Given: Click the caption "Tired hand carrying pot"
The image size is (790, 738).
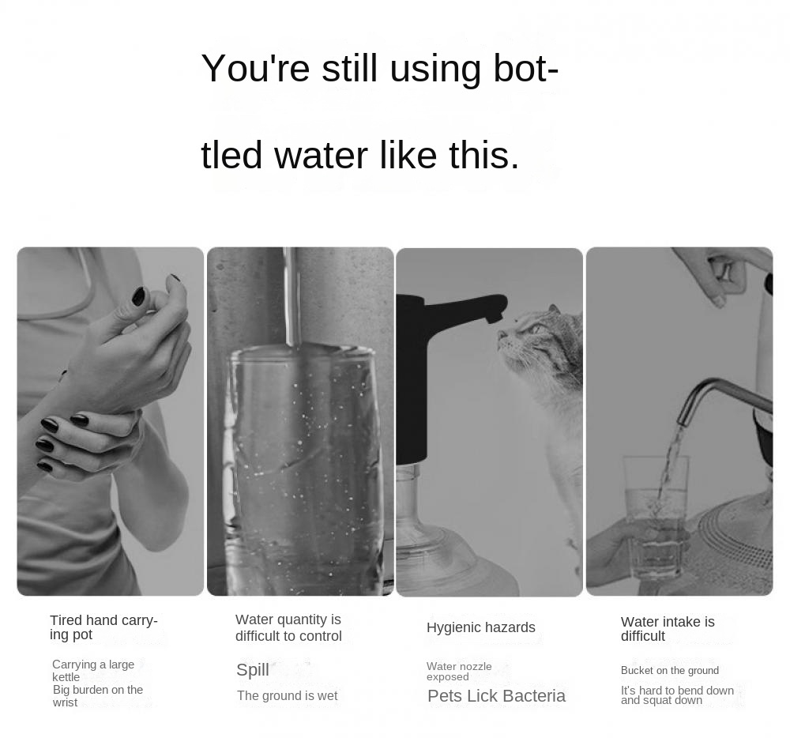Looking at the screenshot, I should coord(103,627).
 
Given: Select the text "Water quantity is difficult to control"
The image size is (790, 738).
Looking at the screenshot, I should coord(288,627).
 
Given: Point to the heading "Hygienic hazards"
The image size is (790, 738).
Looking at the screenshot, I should coord(480,627).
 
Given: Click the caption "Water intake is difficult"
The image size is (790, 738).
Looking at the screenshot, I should coord(668,629).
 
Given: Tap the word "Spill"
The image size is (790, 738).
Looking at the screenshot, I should coord(253,670).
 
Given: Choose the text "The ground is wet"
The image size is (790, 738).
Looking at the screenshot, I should coord(287,695).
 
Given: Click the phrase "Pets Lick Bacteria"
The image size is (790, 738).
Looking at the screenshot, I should coord(496,696).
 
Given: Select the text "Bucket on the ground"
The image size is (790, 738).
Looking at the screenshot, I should coord(670,671).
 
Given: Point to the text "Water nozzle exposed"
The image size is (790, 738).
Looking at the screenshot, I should coord(459,672).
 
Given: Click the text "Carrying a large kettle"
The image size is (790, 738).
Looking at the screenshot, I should coord(93,670).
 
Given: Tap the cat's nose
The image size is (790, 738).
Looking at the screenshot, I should coord(499,335).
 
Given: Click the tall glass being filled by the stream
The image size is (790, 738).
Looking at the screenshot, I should coord(300,466).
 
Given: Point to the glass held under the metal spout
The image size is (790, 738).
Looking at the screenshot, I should coord(656,514).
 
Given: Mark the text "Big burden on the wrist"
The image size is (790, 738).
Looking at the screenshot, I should coord(98,695).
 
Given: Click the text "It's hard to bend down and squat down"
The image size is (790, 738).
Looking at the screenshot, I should coord(677,695).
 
